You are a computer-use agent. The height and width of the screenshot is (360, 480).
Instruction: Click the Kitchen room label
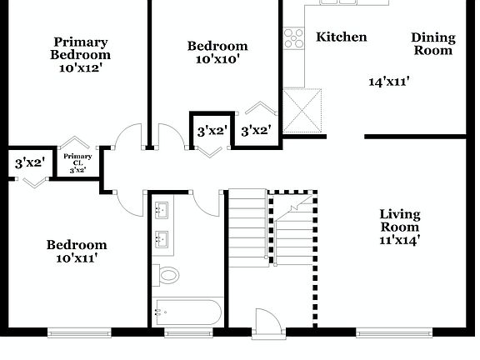341,37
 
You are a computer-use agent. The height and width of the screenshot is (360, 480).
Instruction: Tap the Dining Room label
433,43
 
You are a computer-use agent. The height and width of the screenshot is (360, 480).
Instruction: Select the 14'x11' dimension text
389,82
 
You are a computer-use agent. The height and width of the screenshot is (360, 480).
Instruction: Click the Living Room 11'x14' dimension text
400,240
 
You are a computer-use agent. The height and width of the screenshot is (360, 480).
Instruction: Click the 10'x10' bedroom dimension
217,61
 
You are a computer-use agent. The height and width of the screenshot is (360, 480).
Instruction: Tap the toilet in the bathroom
168,274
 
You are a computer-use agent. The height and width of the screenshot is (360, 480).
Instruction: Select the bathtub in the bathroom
187,313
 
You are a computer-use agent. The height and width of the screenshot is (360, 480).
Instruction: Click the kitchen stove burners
293,37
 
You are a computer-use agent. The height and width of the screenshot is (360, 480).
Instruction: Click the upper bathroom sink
162,209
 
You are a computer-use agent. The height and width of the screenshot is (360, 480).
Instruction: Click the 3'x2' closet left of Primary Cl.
29,164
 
